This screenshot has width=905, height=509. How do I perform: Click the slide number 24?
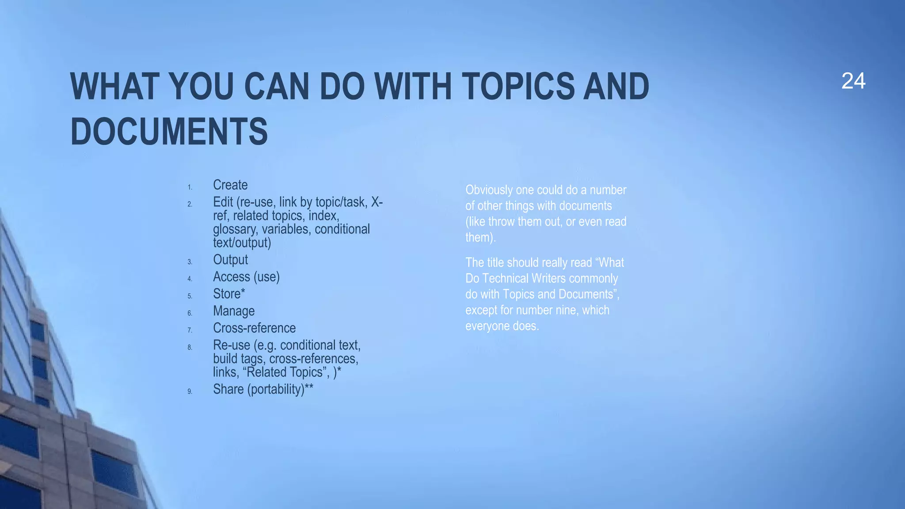pos(853,81)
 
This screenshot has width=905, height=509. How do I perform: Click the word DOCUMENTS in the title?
pos(169,132)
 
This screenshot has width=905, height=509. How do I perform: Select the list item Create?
pos(230,185)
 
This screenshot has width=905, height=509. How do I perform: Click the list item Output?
pos(230,260)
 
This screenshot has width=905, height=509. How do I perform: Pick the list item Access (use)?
pos(246,277)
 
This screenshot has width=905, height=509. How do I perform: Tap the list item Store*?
pos(229,294)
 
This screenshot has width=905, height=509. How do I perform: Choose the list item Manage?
pos(234,311)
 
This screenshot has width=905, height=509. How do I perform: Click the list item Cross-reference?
pos(254,328)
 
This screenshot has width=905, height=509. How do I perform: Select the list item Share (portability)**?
pos(263,389)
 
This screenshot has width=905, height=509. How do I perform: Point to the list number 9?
pos(190,391)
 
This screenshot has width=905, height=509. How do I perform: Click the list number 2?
pos(190,204)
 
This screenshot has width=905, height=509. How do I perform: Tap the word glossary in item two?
pos(235,229)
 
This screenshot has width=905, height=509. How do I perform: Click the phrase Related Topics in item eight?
pos(286,372)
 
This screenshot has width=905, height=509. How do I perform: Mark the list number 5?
pos(190,296)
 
